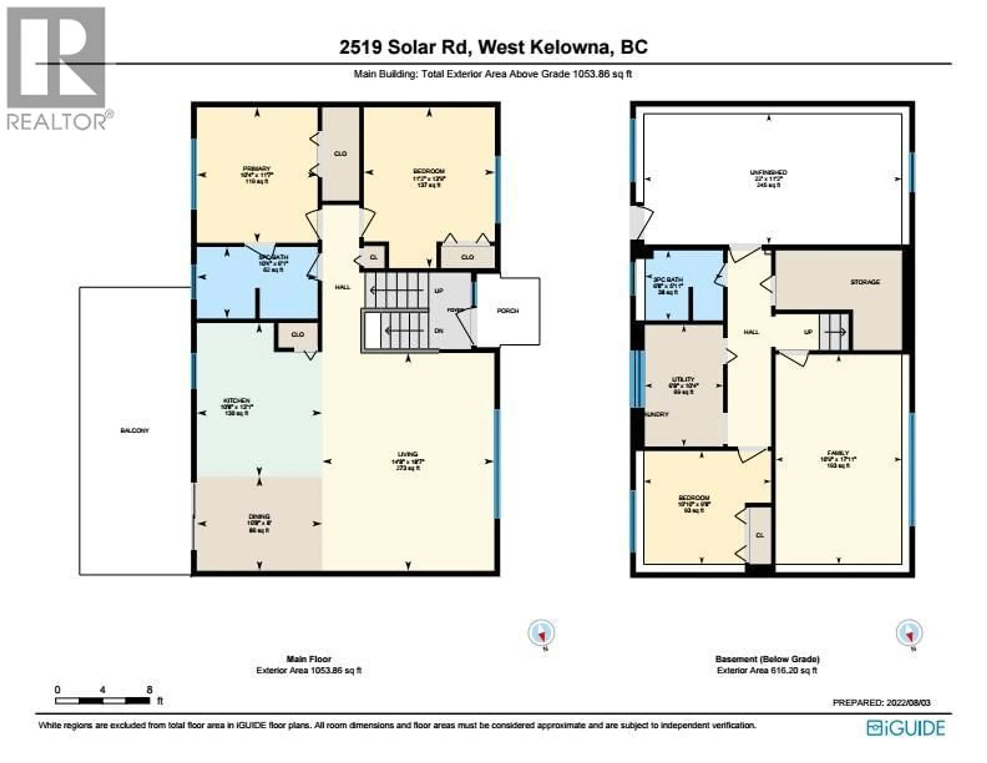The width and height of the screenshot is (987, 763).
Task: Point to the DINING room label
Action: click(x=259, y=516)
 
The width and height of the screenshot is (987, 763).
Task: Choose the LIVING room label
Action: click(x=408, y=454)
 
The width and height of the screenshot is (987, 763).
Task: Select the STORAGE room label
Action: click(x=865, y=282)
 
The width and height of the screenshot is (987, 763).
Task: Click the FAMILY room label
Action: click(x=838, y=453)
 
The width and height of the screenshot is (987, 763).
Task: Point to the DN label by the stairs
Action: click(x=438, y=331)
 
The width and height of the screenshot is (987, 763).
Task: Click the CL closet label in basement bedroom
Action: click(x=760, y=535)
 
